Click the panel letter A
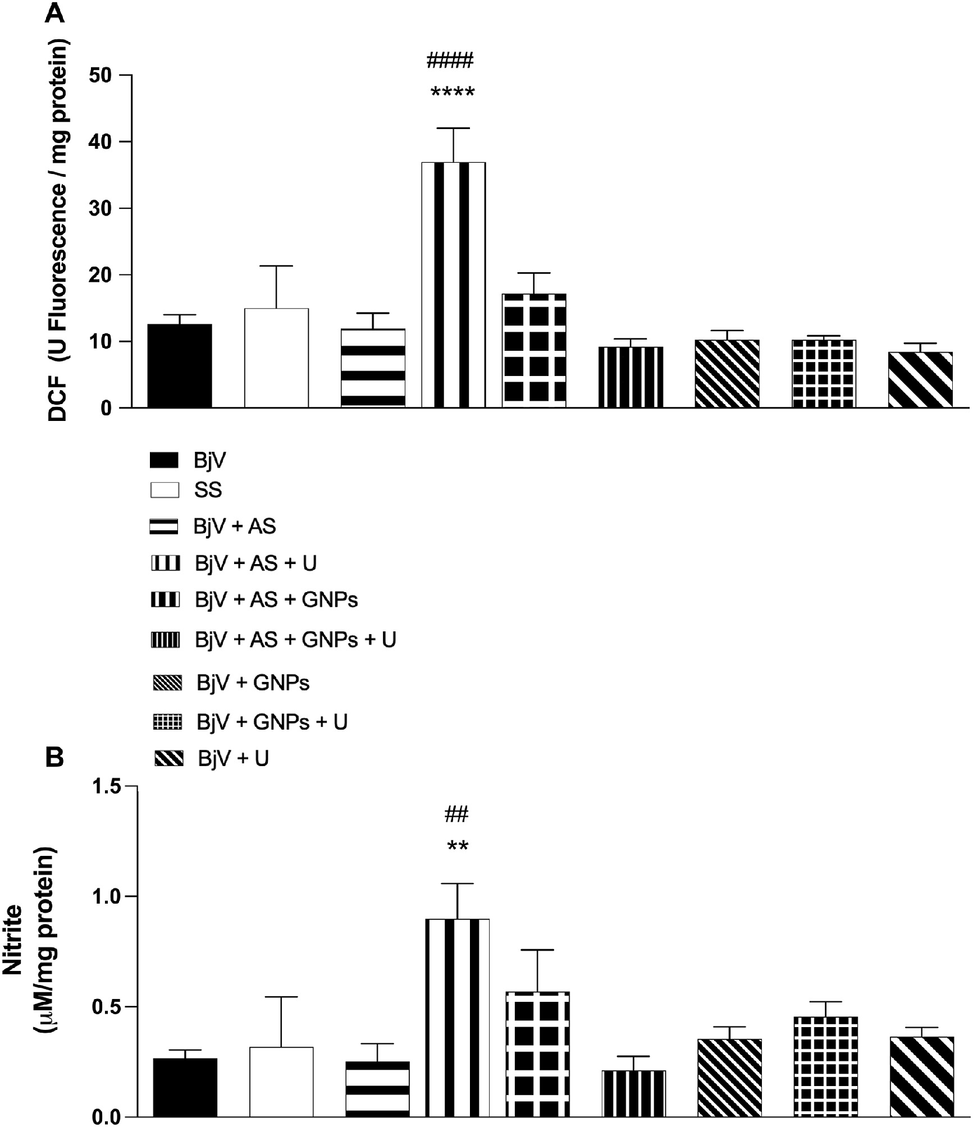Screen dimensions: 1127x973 click(55, 12)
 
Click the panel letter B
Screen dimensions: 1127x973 click(55, 757)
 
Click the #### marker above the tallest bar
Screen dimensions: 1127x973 click(450, 59)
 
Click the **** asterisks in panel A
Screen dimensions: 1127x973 click(453, 93)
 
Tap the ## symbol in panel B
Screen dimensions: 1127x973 click(456, 814)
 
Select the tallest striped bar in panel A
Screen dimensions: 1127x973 click(453, 285)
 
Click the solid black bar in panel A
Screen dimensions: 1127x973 click(180, 365)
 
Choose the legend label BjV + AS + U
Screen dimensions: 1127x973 click(256, 563)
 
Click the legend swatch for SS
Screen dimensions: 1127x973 click(165, 490)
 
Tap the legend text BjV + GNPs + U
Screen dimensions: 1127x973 click(272, 722)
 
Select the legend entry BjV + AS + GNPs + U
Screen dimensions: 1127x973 click(295, 640)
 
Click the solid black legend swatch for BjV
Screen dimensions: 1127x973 click(165, 460)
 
